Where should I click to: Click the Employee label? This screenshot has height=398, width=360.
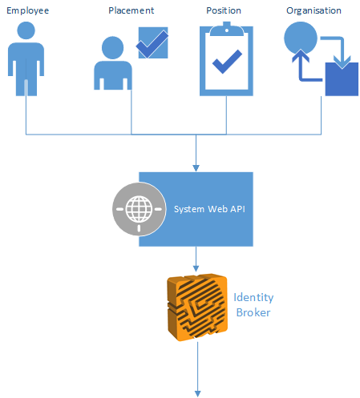point(26,11)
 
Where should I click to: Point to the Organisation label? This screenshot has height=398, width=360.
point(313,11)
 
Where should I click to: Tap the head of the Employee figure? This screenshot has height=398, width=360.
point(26,31)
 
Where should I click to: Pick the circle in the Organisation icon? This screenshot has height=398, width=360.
point(300,38)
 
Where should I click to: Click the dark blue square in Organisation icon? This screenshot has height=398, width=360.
point(342,81)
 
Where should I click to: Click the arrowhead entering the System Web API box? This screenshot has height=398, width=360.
point(196,167)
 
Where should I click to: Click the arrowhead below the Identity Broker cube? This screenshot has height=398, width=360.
point(196,392)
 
